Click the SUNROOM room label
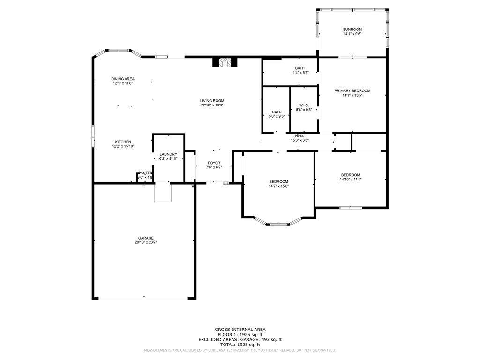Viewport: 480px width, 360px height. click(x=352, y=30)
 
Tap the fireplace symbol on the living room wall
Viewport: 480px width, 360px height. click(x=225, y=62)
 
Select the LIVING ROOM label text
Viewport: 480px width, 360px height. click(x=212, y=100)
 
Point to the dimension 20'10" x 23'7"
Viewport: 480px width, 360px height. click(x=146, y=243)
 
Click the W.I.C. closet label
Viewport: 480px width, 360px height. click(x=303, y=105)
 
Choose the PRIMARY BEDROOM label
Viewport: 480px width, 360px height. click(x=352, y=90)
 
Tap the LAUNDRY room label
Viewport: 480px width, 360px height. click(x=168, y=154)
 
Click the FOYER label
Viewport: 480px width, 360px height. click(x=214, y=163)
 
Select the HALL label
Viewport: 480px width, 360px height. click(x=300, y=135)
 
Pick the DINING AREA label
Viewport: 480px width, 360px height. click(x=123, y=78)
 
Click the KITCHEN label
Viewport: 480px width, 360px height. click(x=123, y=142)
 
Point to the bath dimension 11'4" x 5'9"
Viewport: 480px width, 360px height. click(x=300, y=73)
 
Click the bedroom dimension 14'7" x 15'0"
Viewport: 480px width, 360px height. click(x=278, y=186)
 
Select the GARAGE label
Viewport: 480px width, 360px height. click(x=146, y=238)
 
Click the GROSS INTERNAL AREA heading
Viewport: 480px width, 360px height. click(x=240, y=330)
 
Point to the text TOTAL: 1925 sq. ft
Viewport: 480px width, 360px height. click(x=240, y=345)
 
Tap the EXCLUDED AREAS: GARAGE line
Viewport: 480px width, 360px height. click(x=240, y=339)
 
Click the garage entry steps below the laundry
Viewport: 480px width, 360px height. click(x=163, y=193)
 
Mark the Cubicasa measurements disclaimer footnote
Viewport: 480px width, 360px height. click(x=240, y=350)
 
